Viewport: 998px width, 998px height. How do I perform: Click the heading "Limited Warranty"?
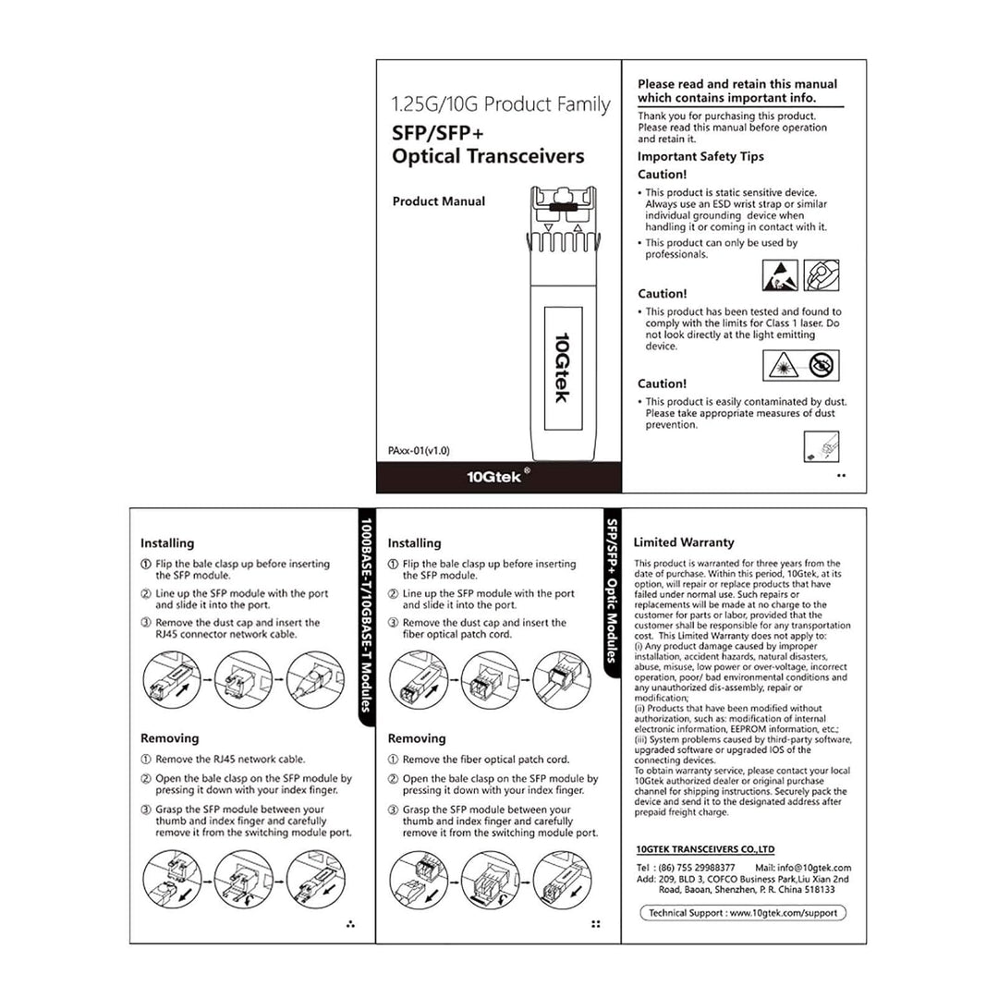click(683, 542)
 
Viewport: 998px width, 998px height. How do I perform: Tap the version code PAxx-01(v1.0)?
click(419, 451)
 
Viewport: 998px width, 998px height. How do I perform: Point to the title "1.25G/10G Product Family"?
click(501, 104)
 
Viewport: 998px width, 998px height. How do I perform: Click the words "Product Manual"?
click(438, 201)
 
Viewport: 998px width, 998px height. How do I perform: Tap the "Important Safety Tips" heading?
click(700, 157)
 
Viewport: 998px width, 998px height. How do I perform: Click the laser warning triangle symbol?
click(781, 366)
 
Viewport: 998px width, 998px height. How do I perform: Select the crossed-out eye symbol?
click(821, 366)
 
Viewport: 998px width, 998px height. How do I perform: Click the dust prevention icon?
click(822, 447)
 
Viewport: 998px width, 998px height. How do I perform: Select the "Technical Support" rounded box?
click(743, 912)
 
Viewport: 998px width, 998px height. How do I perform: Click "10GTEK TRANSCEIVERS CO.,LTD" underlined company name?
click(705, 849)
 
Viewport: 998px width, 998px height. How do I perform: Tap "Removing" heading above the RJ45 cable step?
click(169, 738)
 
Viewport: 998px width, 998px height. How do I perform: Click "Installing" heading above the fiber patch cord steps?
click(414, 543)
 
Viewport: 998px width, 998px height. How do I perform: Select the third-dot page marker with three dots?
click(350, 923)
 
